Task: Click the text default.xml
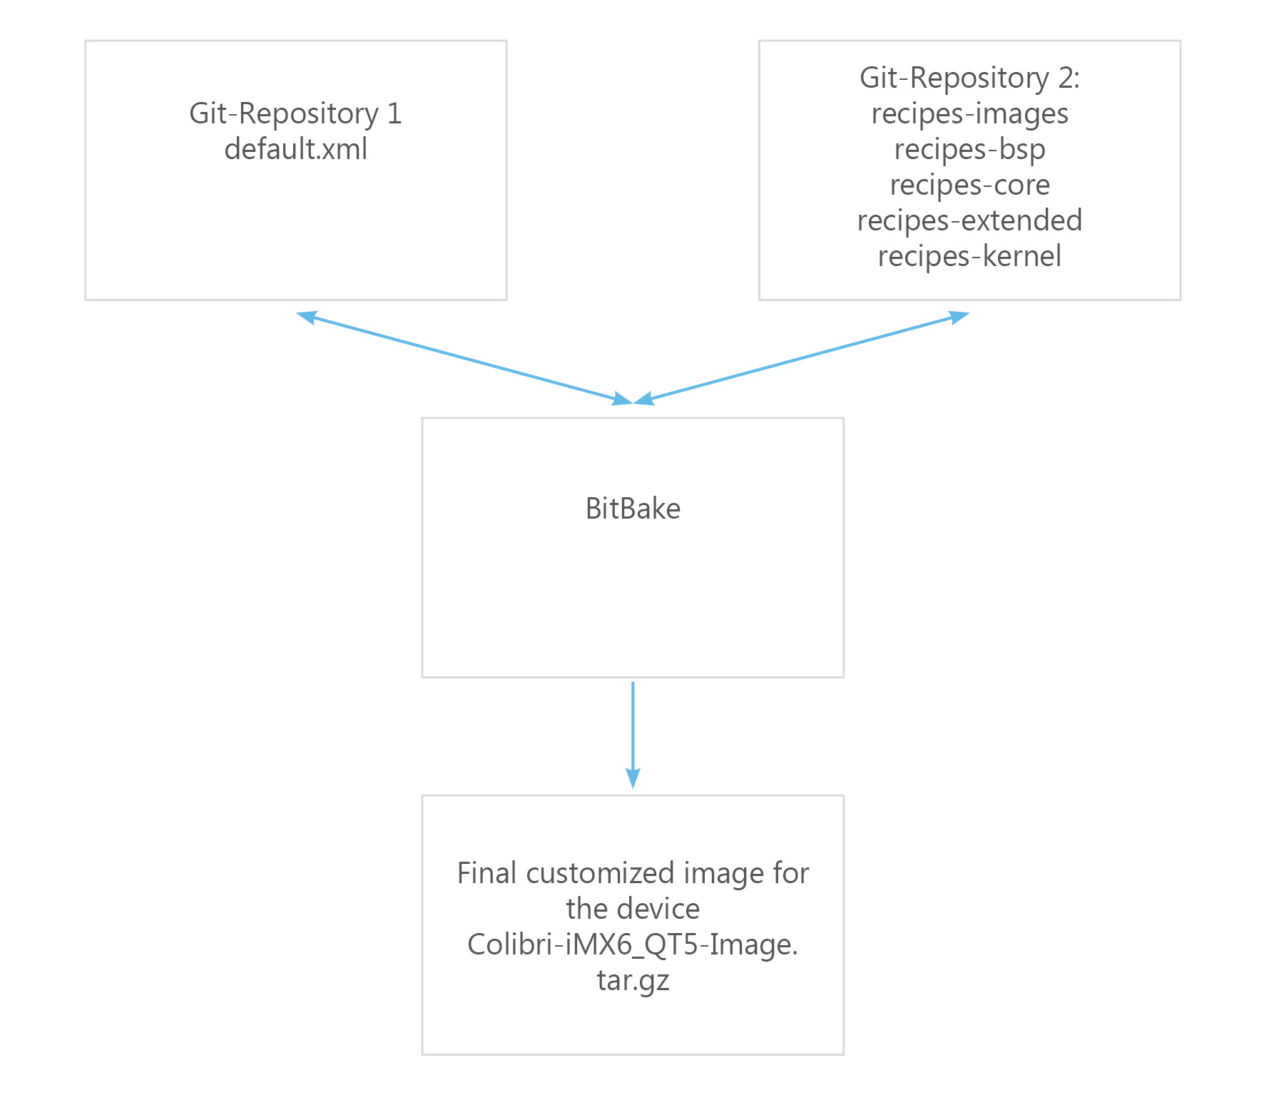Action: coord(296,149)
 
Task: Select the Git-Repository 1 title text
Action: coord(296,114)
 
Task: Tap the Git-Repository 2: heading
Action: coord(969,78)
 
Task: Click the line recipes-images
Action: coord(969,114)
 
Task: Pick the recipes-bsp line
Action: coord(969,150)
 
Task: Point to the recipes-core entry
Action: coord(969,185)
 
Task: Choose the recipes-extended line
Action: coord(969,221)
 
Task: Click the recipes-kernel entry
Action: coord(969,257)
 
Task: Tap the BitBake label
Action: coord(633,509)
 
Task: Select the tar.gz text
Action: coord(633,981)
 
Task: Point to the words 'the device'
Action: coord(633,909)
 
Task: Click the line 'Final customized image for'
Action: coord(633,873)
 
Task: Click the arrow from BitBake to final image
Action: coord(633,735)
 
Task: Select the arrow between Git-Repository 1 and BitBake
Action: coord(464,358)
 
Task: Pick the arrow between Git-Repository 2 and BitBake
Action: coord(801,358)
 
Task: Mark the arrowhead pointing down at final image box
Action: coord(633,778)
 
